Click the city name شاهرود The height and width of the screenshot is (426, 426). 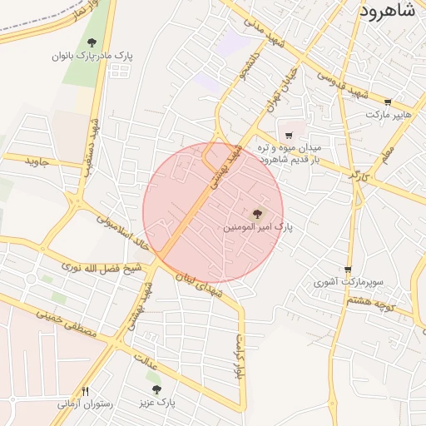click(392, 11)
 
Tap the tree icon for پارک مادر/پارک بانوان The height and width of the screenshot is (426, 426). click(92, 42)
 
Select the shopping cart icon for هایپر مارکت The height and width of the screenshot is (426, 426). click(388, 102)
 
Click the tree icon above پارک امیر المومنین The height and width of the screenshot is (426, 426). click(255, 213)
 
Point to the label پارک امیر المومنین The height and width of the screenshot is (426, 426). click(259, 226)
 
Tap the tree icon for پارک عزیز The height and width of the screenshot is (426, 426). click(156, 389)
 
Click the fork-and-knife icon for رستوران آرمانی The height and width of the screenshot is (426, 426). click(84, 390)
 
